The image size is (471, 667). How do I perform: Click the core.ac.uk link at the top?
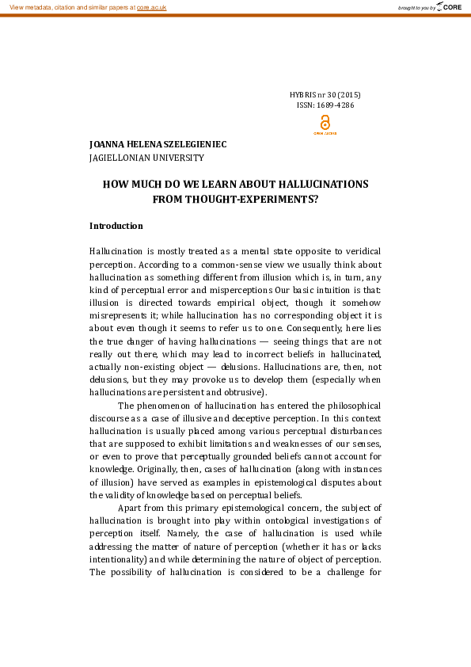(x=152, y=6)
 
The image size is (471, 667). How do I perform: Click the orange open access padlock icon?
(x=325, y=123)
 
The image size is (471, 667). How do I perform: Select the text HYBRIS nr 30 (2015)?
(x=325, y=95)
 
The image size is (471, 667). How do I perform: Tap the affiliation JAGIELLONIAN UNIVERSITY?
(x=146, y=158)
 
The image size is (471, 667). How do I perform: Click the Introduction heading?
(x=116, y=226)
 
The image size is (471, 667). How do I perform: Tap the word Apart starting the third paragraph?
(x=131, y=508)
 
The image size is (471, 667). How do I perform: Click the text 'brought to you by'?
(x=415, y=7)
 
